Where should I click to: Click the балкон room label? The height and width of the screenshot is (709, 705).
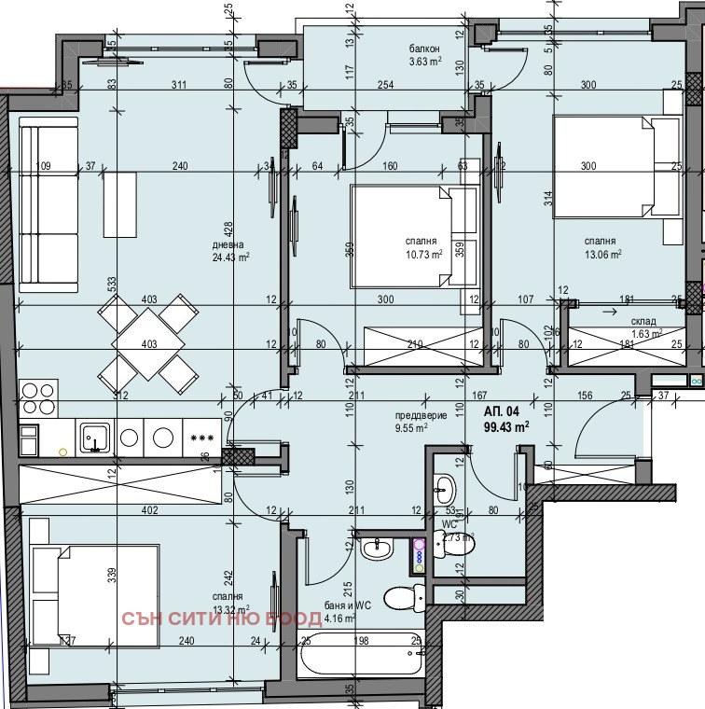(x=424, y=49)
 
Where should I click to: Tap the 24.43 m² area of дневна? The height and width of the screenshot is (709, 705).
(x=229, y=257)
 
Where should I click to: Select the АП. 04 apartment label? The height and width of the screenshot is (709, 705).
(x=500, y=410)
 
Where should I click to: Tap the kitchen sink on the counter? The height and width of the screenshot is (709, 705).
(x=95, y=438)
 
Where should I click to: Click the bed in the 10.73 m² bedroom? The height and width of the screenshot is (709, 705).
(x=410, y=234)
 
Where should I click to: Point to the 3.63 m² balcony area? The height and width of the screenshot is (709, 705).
(x=424, y=63)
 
